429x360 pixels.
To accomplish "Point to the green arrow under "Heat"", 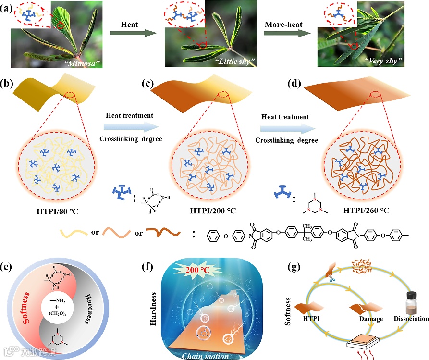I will (x=127, y=33).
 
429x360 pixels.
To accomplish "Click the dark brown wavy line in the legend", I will (x=164, y=234).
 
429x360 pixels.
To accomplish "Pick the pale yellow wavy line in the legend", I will (x=76, y=234).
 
